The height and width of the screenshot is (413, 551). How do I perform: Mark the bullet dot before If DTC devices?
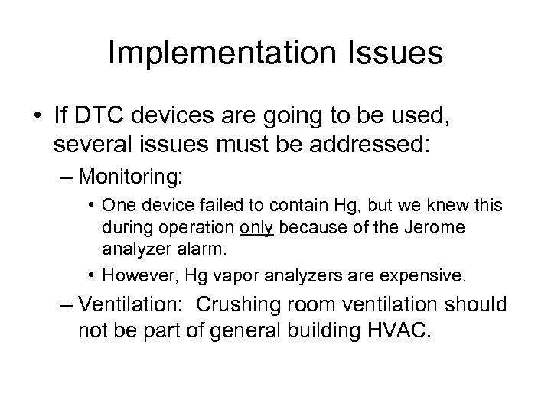[x=38, y=117]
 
